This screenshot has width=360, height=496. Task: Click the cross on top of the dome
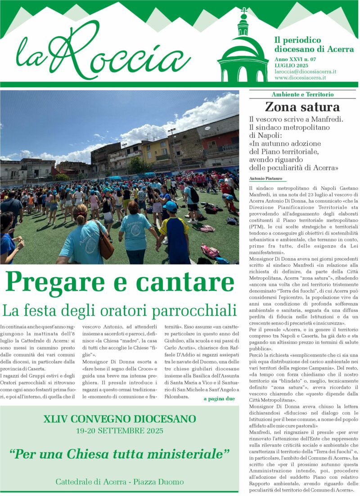[x=244, y=10]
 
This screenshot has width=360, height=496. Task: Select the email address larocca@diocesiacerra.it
[x=306, y=72]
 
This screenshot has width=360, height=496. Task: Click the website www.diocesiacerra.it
[x=300, y=77]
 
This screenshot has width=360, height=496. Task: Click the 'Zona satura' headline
[x=302, y=107]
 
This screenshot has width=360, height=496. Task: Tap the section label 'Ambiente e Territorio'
[x=302, y=95]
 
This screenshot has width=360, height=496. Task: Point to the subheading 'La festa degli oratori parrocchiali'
[x=119, y=310]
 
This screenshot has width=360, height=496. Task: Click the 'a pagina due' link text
[x=219, y=399]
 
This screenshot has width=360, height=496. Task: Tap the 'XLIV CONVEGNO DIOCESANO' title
[x=119, y=419]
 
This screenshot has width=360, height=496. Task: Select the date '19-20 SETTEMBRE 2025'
[x=119, y=431]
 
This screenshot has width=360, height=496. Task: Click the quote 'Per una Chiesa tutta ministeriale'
[x=119, y=454]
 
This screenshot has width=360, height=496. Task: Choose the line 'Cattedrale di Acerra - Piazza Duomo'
[x=119, y=482]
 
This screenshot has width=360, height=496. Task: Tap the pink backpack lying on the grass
[x=210, y=251]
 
